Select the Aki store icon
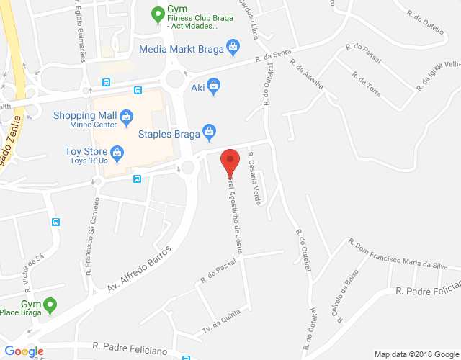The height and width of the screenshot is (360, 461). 214,88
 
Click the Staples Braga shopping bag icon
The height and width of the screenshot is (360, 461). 209,132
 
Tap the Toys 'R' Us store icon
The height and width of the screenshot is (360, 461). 117,152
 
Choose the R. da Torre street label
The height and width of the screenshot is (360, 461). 367,84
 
